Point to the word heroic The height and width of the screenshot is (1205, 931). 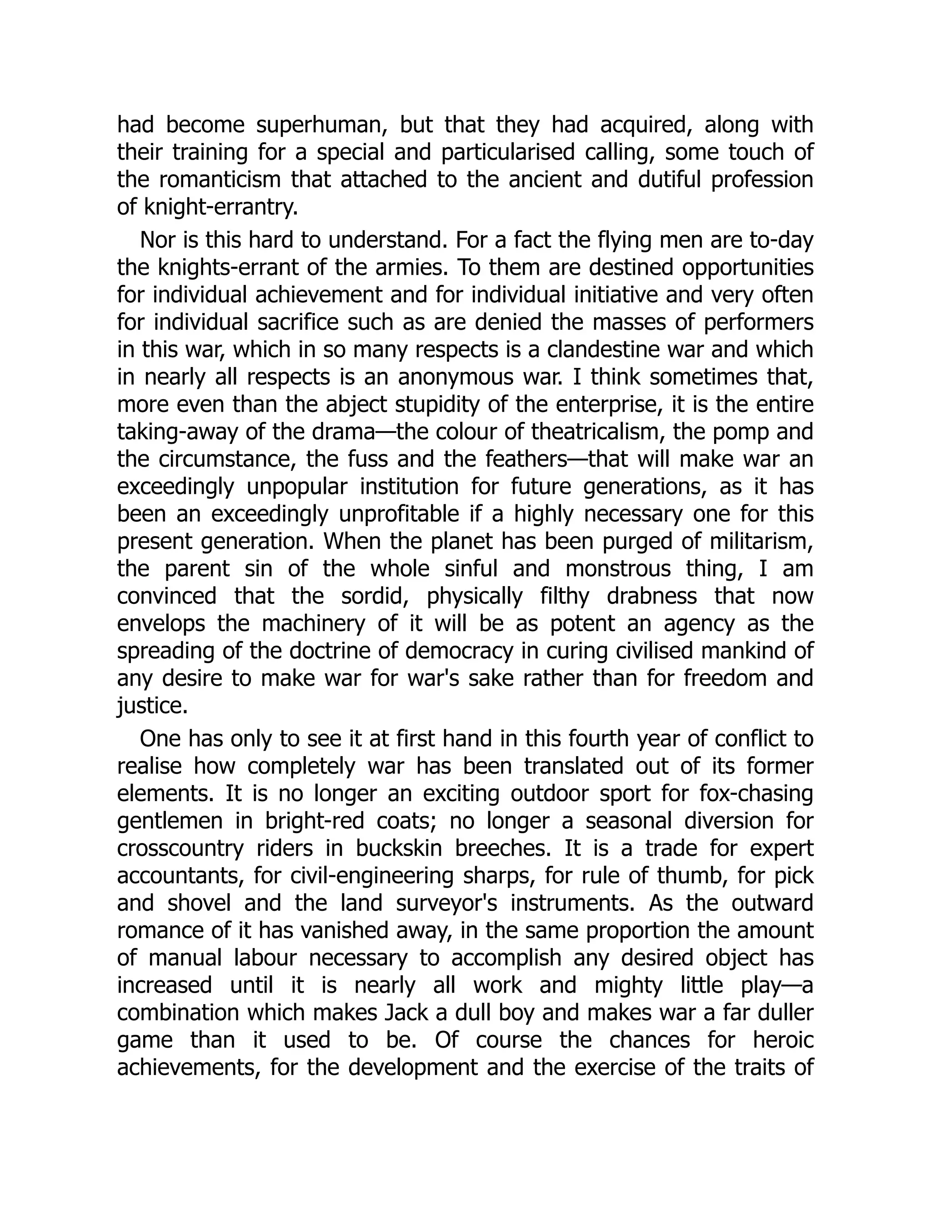click(783, 1040)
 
